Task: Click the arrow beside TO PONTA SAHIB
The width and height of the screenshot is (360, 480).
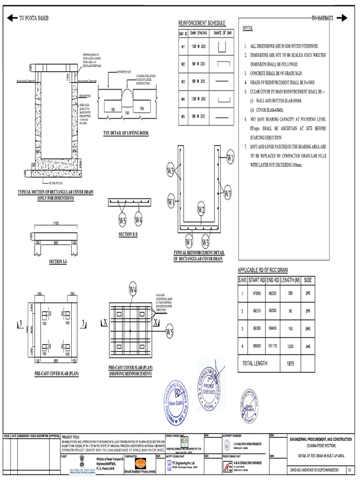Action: tap(12, 18)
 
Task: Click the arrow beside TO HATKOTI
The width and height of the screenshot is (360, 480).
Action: tap(341, 18)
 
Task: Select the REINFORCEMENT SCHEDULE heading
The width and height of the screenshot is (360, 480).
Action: tap(202, 23)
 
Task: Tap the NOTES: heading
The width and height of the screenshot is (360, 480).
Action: tap(247, 28)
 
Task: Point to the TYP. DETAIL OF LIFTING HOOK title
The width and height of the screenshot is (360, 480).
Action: tap(125, 134)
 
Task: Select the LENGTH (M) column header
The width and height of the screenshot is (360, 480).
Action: tap(290, 280)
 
